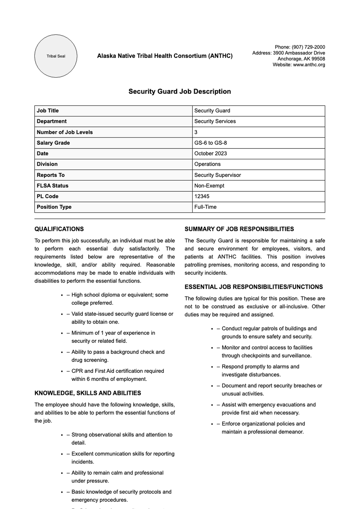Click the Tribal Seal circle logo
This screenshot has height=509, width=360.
click(x=56, y=56)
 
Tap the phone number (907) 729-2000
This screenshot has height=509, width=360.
click(x=308, y=47)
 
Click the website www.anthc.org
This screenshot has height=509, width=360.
click(x=309, y=64)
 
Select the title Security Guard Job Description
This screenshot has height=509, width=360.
click(x=180, y=91)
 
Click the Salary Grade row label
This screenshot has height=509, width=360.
click(x=53, y=143)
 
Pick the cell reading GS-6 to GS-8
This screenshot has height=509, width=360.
click(x=210, y=143)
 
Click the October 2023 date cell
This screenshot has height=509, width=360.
click(x=210, y=154)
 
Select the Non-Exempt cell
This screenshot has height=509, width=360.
click(x=209, y=186)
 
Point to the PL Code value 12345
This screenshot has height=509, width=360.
click(x=202, y=196)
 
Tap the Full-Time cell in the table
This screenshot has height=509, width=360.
click(x=205, y=207)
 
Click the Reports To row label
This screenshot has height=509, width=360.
click(x=51, y=175)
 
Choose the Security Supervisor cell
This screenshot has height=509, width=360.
click(x=217, y=175)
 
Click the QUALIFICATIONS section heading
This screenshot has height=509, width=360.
click(x=59, y=229)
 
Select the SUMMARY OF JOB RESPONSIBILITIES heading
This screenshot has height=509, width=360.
click(x=239, y=229)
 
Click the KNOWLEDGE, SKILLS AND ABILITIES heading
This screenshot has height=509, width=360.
click(x=88, y=393)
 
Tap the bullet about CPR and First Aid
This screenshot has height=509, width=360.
click(x=118, y=375)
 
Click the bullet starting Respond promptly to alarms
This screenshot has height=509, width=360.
click(x=260, y=370)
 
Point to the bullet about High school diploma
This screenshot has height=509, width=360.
click(x=119, y=299)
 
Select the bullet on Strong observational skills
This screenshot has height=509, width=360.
click(x=121, y=439)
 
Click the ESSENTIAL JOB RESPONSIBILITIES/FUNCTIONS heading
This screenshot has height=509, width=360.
click(x=253, y=287)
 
